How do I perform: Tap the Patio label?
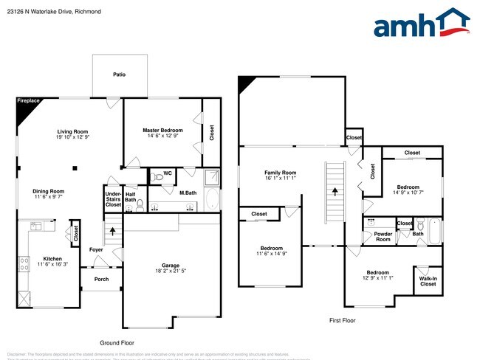click(119, 75)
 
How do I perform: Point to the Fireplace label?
click(29, 100)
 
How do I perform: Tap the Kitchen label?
click(52, 259)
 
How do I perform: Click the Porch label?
click(100, 280)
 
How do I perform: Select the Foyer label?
click(96, 249)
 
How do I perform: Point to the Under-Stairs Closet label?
click(113, 199)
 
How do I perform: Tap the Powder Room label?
click(383, 237)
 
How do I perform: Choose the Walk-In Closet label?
click(428, 280)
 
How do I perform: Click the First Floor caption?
click(342, 320)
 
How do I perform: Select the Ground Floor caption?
click(117, 343)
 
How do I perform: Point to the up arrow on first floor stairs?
click(335, 191)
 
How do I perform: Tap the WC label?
click(167, 174)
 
